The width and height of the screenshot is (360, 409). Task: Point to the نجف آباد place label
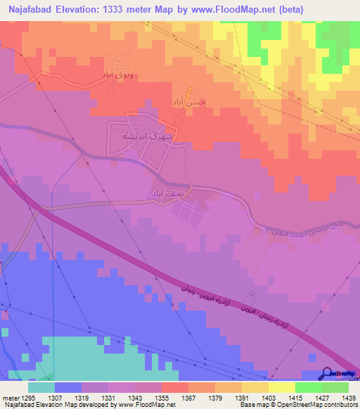tap(166, 190)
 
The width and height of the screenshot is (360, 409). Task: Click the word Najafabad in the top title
tap(32, 11)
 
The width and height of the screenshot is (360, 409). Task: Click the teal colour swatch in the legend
tap(41, 388)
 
